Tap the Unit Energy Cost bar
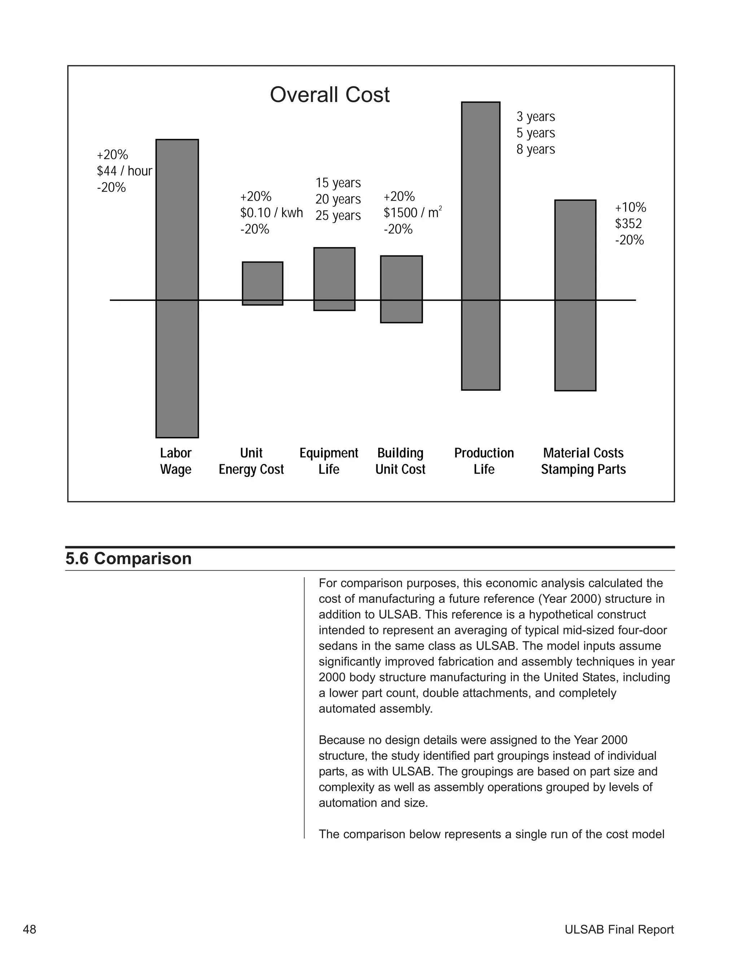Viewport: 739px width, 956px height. [x=262, y=283]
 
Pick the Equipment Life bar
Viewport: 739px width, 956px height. [x=334, y=279]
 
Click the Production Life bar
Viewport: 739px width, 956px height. [x=480, y=246]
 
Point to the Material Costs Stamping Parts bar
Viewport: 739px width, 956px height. [x=575, y=295]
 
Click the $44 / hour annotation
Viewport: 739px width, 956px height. [x=124, y=171]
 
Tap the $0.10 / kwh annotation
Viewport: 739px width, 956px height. [x=271, y=213]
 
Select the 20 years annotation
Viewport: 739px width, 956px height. [x=338, y=199]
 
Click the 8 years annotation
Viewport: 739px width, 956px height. [x=535, y=149]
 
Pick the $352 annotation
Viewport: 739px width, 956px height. [x=628, y=224]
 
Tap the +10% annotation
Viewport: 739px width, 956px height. [x=630, y=207]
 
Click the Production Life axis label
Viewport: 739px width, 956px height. [x=484, y=461]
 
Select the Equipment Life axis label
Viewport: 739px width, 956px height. [x=329, y=461]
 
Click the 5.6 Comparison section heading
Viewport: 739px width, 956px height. [x=129, y=559]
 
